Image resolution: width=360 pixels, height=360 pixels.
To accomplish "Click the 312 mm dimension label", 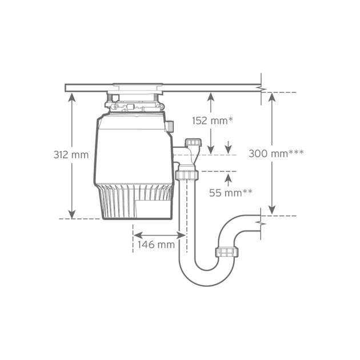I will pyautogui.click(x=71, y=154).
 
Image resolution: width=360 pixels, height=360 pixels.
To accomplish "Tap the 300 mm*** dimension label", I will pyautogui.click(x=276, y=153).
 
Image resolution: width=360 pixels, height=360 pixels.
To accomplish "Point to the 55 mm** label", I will pyautogui.click(x=231, y=193).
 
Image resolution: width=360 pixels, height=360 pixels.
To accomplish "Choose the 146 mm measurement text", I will pyautogui.click(x=156, y=245).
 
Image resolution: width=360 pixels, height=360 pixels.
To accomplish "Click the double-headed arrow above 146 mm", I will pyautogui.click(x=159, y=234).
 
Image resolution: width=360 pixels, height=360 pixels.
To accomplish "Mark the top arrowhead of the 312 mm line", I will pyautogui.click(x=71, y=96).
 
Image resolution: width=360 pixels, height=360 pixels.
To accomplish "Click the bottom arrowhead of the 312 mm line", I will pyautogui.click(x=71, y=214).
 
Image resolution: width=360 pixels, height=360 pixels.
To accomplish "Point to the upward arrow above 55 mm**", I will pyautogui.click(x=229, y=178).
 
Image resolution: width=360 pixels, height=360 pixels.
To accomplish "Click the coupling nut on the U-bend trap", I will pyautogui.click(x=226, y=252).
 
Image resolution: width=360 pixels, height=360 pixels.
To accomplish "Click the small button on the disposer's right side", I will pyautogui.click(x=170, y=126).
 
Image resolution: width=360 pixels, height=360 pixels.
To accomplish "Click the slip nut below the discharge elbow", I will pyautogui.click(x=187, y=174).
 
